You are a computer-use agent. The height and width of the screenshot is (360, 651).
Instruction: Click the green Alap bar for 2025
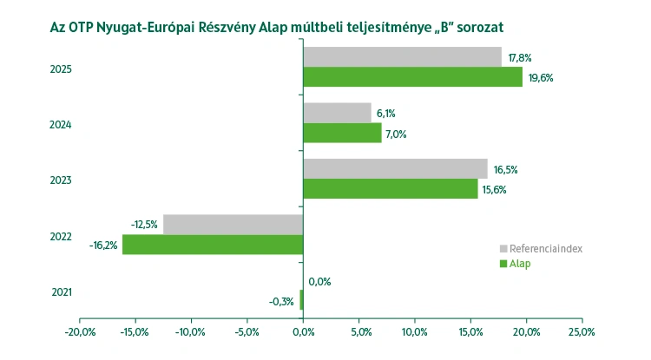[412, 77]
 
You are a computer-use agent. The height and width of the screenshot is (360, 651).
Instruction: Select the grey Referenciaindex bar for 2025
[402, 57]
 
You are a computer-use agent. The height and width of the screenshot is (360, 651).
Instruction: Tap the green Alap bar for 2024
[342, 133]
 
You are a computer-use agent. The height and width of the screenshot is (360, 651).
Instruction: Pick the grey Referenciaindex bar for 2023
[395, 168]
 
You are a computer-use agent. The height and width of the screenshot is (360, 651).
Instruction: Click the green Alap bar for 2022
[213, 245]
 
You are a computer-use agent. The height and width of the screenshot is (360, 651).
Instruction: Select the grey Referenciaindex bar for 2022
[233, 224]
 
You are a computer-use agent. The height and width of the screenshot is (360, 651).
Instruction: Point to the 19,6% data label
[540, 78]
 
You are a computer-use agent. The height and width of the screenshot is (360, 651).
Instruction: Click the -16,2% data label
[103, 245]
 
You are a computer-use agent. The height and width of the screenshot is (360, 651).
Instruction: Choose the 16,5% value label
[504, 169]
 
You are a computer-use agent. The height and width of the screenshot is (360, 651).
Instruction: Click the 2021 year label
[62, 291]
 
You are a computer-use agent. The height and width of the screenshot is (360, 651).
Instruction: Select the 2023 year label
[62, 180]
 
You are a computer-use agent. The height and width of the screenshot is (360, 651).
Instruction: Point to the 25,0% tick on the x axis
[582, 331]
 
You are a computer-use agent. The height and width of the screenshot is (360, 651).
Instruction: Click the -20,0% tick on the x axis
[80, 331]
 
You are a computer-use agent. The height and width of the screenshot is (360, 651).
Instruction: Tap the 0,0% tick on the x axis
[303, 331]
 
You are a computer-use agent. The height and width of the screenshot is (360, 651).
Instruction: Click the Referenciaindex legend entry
[545, 248]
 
